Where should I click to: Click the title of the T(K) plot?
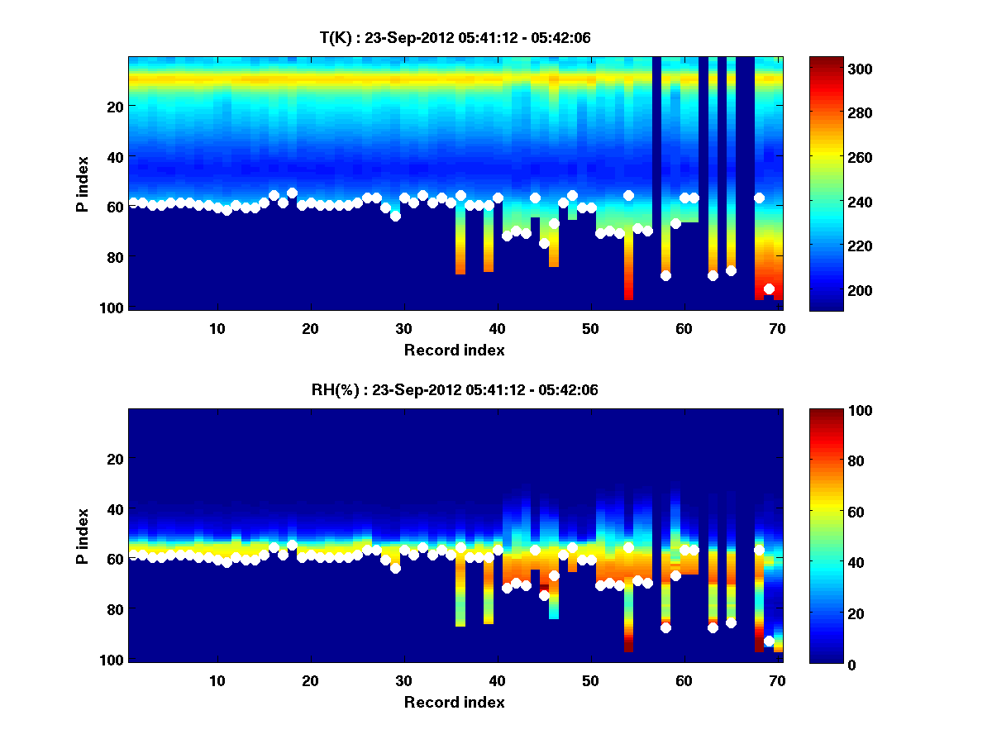pyautogui.click(x=455, y=37)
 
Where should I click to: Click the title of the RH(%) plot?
pyautogui.click(x=455, y=390)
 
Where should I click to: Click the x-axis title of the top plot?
pyautogui.click(x=455, y=350)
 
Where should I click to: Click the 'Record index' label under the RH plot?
pyautogui.click(x=455, y=702)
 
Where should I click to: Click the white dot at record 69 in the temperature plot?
pyautogui.click(x=769, y=289)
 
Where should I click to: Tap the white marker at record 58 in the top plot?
pyautogui.click(x=665, y=276)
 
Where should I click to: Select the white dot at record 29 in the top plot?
pyautogui.click(x=395, y=216)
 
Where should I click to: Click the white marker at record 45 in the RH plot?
pyautogui.click(x=544, y=595)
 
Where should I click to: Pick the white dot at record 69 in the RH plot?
pyautogui.click(x=769, y=641)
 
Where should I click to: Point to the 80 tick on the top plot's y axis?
pyautogui.click(x=115, y=257)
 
